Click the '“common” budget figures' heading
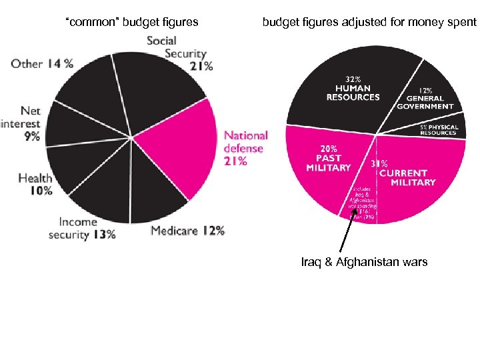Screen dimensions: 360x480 tap(131, 22)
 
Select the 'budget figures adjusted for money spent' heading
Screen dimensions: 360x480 tap(369, 22)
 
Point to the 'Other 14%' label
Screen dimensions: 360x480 tap(42, 64)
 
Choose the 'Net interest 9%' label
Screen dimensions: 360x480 tap(21, 123)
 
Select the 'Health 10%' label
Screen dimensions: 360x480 tap(35, 184)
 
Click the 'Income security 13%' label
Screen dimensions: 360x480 tap(81, 228)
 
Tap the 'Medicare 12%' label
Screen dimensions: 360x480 tap(187, 231)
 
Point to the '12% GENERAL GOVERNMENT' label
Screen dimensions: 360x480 tap(425, 98)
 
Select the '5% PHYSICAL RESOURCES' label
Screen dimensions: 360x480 tap(438, 129)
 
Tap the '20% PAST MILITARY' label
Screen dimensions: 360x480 tap(328, 159)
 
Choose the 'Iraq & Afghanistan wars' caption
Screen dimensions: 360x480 tap(364, 262)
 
